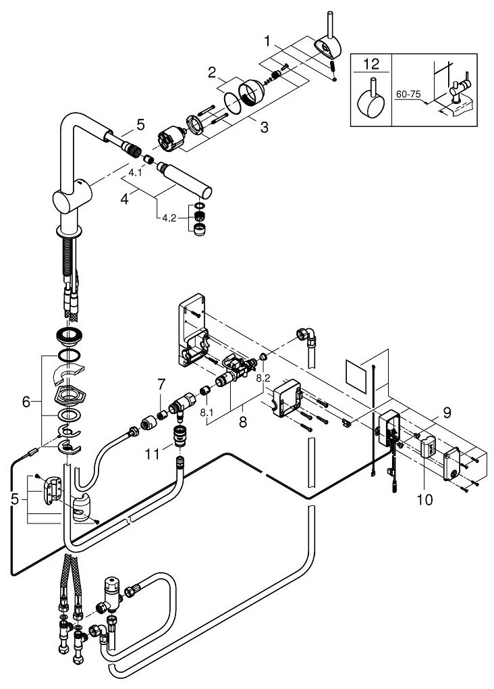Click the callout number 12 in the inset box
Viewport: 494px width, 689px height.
click(371, 66)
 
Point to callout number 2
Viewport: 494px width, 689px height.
click(211, 72)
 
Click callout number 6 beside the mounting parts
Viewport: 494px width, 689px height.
click(27, 401)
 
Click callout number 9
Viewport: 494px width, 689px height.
click(429, 410)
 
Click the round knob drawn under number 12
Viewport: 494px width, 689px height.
click(371, 101)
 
